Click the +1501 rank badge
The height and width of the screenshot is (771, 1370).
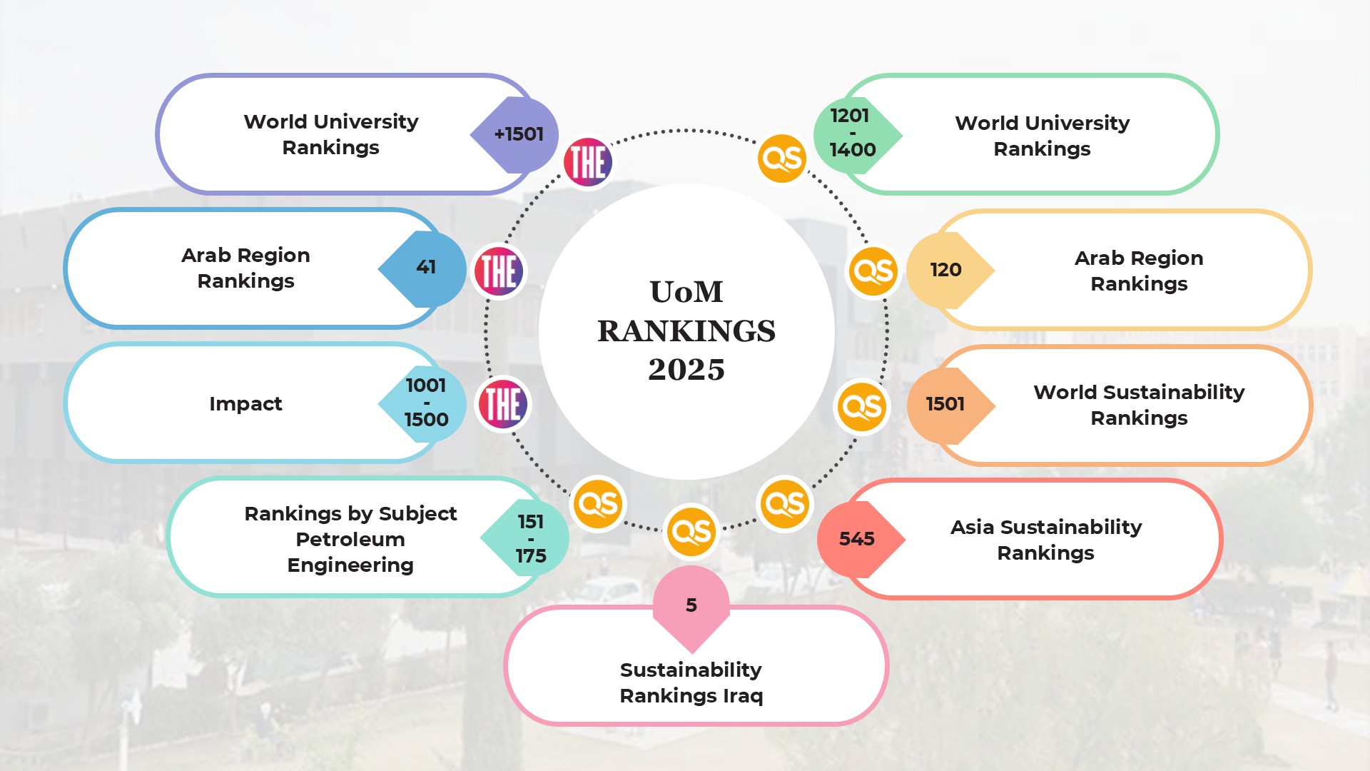click(517, 134)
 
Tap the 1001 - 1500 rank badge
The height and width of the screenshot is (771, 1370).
click(425, 403)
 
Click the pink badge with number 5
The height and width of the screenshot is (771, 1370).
click(691, 605)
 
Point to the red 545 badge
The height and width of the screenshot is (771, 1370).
click(858, 539)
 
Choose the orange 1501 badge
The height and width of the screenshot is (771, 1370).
click(946, 405)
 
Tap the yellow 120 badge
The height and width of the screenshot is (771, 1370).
click(947, 270)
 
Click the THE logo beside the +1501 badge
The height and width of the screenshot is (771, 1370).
click(588, 162)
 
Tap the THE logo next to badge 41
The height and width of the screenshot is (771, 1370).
click(499, 271)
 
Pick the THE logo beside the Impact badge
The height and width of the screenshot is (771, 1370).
click(504, 403)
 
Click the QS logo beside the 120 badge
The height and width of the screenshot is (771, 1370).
click(873, 271)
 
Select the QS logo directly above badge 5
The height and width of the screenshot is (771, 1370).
click(691, 532)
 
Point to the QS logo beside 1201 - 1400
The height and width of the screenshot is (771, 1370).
click(782, 158)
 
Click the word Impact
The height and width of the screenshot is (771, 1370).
click(245, 404)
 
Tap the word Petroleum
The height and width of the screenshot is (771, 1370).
click(350, 540)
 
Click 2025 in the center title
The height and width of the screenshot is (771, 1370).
click(686, 370)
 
